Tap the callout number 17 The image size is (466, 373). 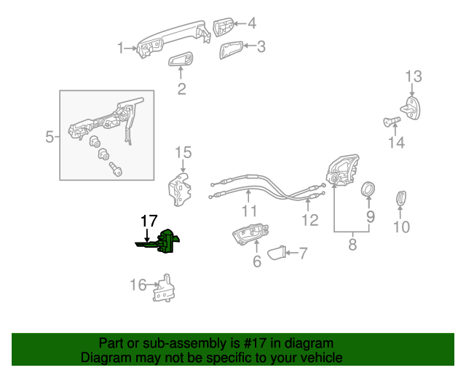149,221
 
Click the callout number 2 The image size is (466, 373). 181,90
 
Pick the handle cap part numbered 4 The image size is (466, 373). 224,27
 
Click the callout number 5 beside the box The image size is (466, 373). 50,136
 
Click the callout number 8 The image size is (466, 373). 352,245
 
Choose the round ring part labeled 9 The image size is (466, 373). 369,190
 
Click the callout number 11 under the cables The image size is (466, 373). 250,211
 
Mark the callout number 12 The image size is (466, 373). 309,219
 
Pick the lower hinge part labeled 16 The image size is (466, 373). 165,288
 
